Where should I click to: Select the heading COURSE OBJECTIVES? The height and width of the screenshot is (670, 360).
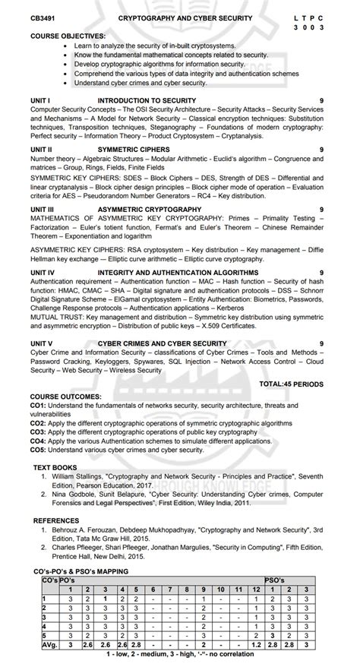click(x=68, y=36)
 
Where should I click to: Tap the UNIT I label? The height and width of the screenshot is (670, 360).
click(x=40, y=100)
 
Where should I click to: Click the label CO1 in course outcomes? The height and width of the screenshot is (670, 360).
click(x=39, y=406)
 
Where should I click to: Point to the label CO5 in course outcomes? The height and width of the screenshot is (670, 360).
click(x=39, y=449)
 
